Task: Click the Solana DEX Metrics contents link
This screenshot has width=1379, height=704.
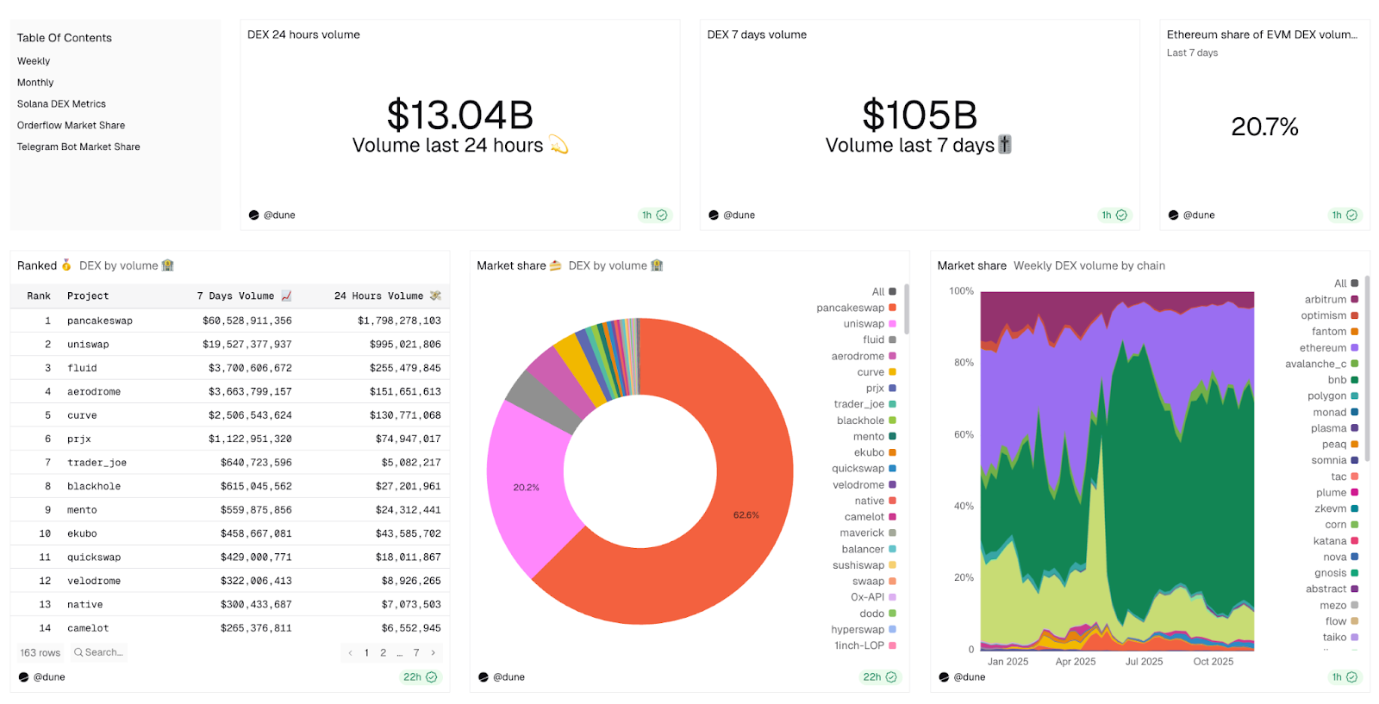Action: coord(61,104)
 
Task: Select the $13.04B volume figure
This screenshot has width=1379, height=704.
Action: coord(459,115)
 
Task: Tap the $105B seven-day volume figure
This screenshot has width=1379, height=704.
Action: coord(919,115)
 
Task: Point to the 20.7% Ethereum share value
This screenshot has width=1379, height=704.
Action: coord(1264,128)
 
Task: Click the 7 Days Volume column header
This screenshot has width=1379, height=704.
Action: coord(235,296)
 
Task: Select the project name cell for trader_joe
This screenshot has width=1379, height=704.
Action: coord(97,463)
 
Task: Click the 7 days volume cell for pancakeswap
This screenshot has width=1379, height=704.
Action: coord(247,321)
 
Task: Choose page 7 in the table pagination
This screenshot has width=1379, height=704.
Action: coord(416,653)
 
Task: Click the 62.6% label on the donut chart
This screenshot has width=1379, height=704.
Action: coord(746,515)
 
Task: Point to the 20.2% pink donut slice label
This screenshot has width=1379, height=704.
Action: coord(526,488)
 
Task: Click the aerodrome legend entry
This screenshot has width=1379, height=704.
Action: coord(858,357)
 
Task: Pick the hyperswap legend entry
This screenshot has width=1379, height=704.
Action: coord(858,630)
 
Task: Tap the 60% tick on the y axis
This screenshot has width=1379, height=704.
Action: coord(964,435)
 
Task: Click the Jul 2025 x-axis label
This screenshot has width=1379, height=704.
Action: coord(1144,662)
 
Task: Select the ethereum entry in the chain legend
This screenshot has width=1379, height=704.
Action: coord(1323,348)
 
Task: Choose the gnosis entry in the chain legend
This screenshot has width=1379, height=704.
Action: coord(1330,573)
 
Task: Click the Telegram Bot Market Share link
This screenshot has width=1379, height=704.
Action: coord(78,147)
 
